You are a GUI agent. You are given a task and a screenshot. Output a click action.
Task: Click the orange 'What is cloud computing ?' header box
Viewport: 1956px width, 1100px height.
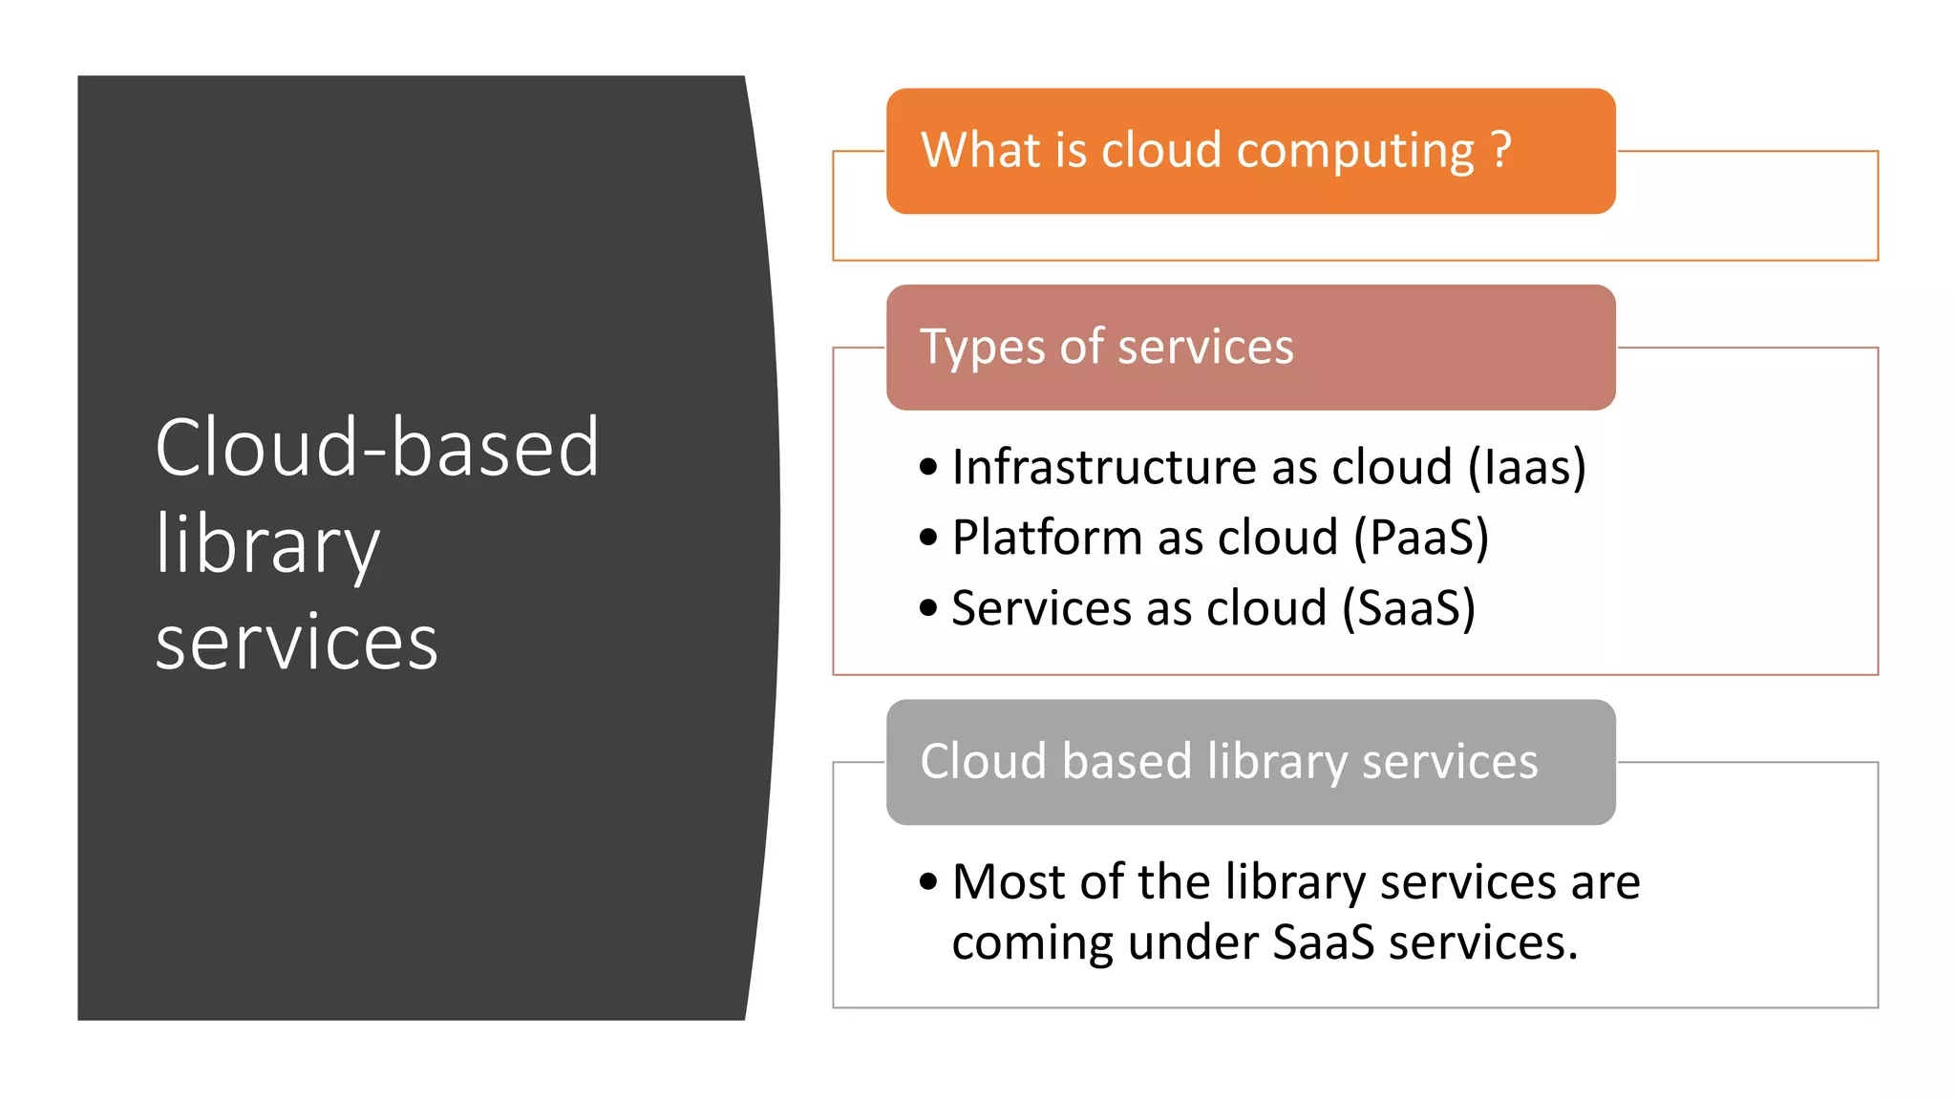1250,151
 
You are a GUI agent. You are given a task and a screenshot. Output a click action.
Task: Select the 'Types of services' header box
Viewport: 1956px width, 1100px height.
1250,348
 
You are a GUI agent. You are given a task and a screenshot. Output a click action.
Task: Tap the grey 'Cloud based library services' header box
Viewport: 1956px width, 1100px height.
1250,762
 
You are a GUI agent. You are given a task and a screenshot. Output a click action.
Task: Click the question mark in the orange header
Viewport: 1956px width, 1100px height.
1500,150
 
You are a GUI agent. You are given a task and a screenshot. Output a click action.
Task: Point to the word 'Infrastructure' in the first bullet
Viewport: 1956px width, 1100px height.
1103,467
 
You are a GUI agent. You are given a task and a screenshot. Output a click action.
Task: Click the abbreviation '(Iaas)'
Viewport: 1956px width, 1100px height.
1526,467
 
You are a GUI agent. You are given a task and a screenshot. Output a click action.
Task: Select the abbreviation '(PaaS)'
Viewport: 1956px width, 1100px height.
1421,538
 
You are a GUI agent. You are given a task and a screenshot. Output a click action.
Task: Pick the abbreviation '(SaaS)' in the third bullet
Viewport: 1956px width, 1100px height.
1409,608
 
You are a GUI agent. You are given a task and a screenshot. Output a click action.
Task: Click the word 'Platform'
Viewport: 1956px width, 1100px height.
1047,538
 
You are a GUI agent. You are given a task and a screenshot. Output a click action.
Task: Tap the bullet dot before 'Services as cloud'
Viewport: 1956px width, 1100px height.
928,608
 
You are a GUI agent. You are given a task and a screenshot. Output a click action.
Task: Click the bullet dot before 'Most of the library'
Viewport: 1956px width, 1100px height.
928,881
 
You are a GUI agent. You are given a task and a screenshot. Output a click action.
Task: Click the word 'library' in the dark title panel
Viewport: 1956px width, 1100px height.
267,544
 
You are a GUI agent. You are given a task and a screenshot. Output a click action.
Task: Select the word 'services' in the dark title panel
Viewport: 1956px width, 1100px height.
296,643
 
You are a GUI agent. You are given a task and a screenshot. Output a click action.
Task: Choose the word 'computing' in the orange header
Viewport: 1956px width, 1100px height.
1356,151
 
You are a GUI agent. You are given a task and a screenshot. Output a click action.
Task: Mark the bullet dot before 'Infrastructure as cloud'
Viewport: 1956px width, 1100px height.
928,467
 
